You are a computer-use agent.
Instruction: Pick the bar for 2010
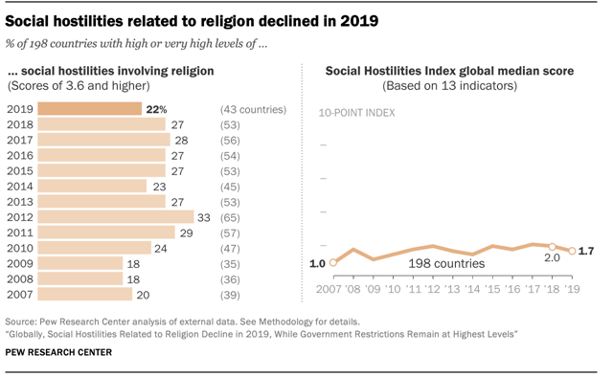click(x=99, y=248)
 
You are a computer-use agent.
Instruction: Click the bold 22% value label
click(x=157, y=109)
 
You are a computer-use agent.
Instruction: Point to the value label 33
click(x=204, y=217)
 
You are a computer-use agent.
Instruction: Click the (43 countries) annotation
click(x=253, y=109)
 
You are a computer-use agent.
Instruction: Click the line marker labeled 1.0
click(x=333, y=262)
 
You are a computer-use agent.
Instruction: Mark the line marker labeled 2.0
click(x=552, y=246)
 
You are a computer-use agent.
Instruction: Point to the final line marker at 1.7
click(x=572, y=251)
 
